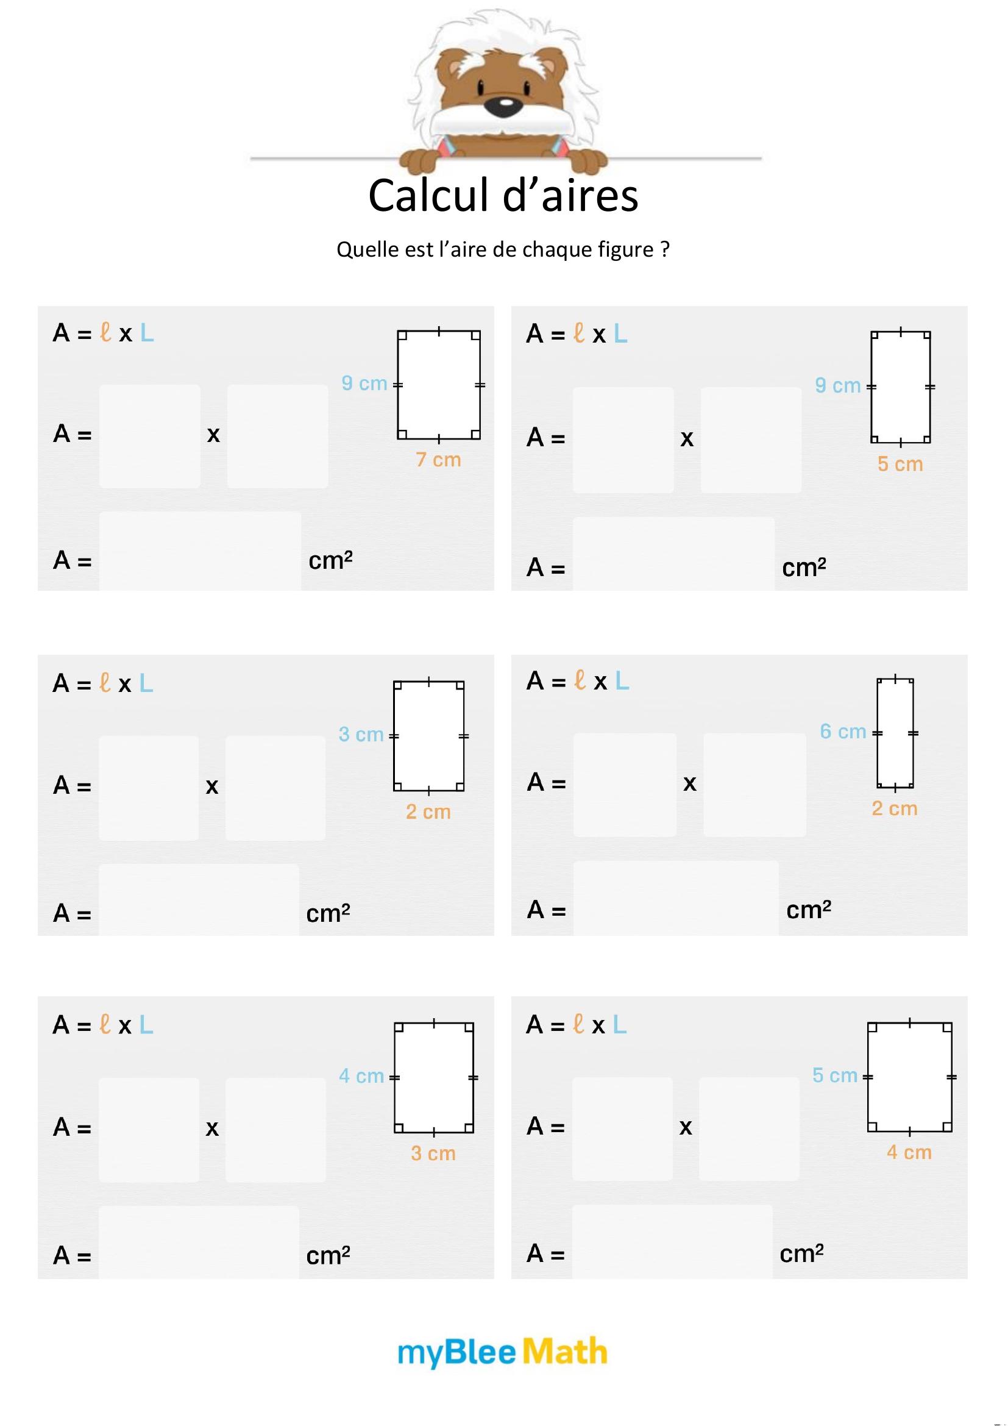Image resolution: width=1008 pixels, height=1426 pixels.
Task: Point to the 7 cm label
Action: coord(438,460)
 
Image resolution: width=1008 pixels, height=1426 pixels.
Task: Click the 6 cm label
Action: coord(842,732)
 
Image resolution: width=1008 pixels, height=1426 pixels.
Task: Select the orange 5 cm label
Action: coord(900,464)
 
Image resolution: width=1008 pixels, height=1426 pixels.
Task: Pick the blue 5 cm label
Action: coord(835,1075)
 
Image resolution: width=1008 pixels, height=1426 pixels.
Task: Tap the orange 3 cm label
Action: coord(433,1153)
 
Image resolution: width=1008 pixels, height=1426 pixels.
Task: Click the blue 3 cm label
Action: coord(361,734)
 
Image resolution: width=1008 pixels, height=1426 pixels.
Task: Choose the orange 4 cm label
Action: coord(909,1152)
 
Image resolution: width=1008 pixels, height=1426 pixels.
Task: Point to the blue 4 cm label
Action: coord(361,1075)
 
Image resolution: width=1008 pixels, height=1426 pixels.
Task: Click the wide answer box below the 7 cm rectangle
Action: coord(200,551)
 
